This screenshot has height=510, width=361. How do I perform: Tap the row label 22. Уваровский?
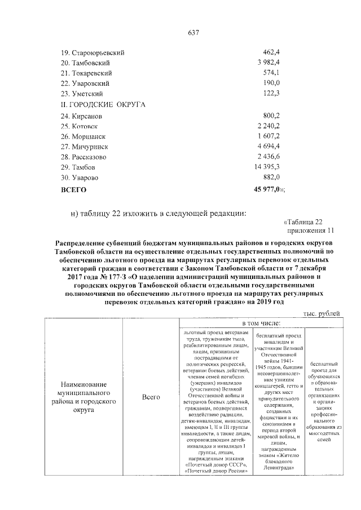(86, 83)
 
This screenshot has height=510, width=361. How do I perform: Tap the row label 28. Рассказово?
(84, 157)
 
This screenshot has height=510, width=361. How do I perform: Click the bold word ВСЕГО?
(73, 190)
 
